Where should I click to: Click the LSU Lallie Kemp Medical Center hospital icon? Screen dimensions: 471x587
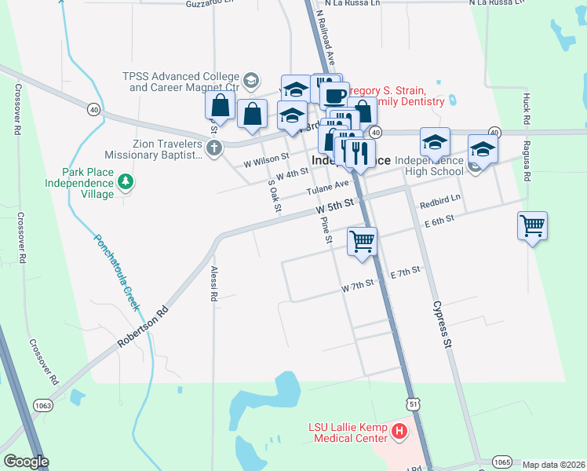click(399, 432)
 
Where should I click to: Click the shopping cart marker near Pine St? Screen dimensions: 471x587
click(362, 241)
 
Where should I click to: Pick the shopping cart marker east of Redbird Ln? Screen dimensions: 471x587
click(532, 226)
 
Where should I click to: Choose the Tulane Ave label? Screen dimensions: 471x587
click(326, 188)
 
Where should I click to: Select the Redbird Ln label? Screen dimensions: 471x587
click(439, 202)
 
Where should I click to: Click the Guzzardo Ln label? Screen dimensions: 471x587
click(210, 4)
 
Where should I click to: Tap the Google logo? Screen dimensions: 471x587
click(26, 462)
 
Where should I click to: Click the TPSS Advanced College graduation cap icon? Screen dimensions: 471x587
click(250, 80)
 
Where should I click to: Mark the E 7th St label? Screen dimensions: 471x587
click(405, 272)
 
